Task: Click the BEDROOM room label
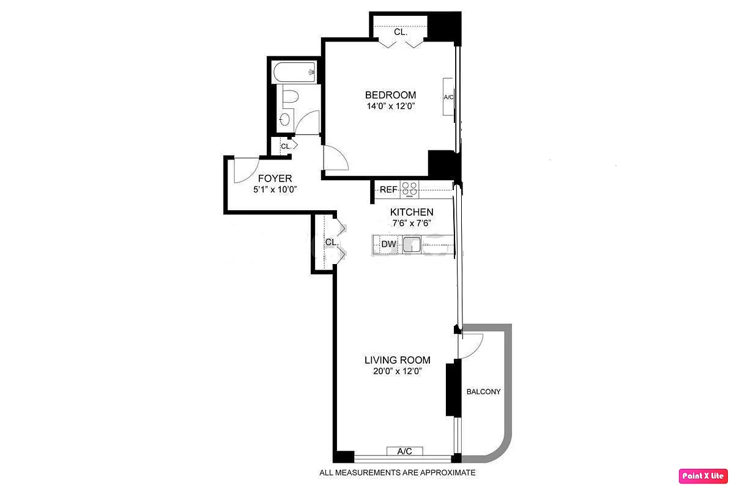(x=390, y=95)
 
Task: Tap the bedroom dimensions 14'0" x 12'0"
(x=390, y=106)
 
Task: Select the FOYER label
(x=275, y=178)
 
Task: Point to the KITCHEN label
(x=412, y=212)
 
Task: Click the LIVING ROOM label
(x=397, y=360)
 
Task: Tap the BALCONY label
(x=483, y=392)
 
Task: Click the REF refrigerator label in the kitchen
(x=388, y=189)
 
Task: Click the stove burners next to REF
(x=409, y=190)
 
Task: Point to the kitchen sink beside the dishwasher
(x=412, y=244)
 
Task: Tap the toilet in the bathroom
(x=290, y=96)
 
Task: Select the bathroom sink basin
(x=285, y=120)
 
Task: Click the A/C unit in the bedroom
(x=448, y=97)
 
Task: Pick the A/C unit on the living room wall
(x=404, y=451)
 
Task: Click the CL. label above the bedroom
(x=401, y=32)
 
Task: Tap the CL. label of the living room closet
(x=332, y=242)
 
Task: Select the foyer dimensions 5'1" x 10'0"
(x=274, y=189)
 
